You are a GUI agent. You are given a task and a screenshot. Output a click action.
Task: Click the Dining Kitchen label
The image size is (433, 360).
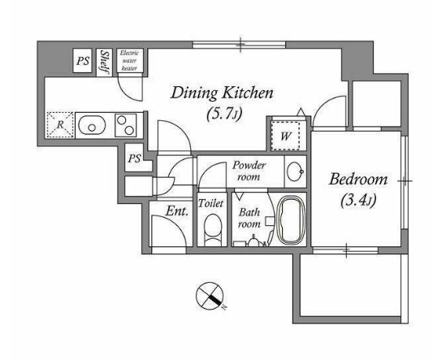222,93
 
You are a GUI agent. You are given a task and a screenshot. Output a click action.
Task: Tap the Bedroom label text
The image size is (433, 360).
358,180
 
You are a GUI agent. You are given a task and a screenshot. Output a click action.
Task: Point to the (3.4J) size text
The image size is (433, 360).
358,200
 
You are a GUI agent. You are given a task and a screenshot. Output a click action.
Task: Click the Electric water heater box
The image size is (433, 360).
129,60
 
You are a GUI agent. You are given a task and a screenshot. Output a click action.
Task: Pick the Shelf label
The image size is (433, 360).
104,62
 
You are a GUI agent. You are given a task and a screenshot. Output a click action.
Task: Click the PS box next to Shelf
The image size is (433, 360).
83,61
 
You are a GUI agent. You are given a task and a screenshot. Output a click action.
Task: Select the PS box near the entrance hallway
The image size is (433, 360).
134,158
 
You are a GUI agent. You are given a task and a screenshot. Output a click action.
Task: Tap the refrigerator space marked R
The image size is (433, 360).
60,124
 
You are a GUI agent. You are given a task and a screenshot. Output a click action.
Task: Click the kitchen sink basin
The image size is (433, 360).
92,125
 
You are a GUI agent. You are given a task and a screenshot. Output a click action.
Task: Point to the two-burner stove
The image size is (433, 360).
126,125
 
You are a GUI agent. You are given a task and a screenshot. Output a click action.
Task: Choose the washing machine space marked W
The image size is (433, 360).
285,136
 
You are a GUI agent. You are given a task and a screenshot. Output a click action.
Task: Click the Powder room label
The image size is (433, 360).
249,171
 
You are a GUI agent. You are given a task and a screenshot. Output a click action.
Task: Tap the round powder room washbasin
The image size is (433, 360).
295,171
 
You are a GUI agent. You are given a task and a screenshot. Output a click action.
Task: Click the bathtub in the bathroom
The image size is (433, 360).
291,220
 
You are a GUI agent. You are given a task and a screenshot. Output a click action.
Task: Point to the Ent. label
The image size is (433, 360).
177,211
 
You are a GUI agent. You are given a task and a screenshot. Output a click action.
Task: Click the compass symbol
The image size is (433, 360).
210,296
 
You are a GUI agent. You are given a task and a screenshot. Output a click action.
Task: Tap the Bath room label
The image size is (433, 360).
249,218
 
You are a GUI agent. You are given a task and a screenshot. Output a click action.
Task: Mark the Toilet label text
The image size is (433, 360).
210,203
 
